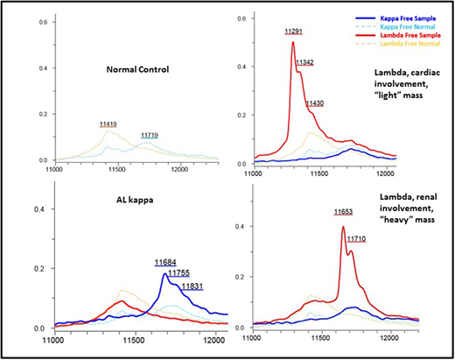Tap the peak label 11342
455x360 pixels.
pos(307,62)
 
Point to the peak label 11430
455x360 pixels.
pos(317,103)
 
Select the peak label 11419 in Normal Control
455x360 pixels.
pos(111,125)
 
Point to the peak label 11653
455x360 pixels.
pos(346,212)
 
